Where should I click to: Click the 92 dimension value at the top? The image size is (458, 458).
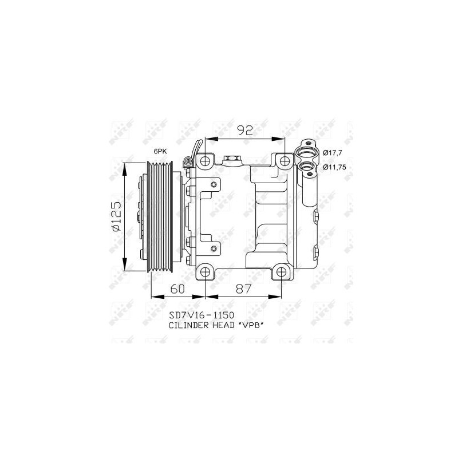(x=245, y=131)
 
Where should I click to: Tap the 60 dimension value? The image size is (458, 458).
(x=177, y=289)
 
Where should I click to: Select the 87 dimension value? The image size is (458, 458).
(x=244, y=289)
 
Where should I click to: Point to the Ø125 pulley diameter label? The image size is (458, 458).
(x=116, y=216)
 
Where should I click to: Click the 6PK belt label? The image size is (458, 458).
(x=160, y=151)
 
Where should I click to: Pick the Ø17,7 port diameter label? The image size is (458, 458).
(x=333, y=152)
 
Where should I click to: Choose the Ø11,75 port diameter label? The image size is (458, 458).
(x=334, y=167)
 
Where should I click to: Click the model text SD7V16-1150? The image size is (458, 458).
(x=202, y=315)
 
